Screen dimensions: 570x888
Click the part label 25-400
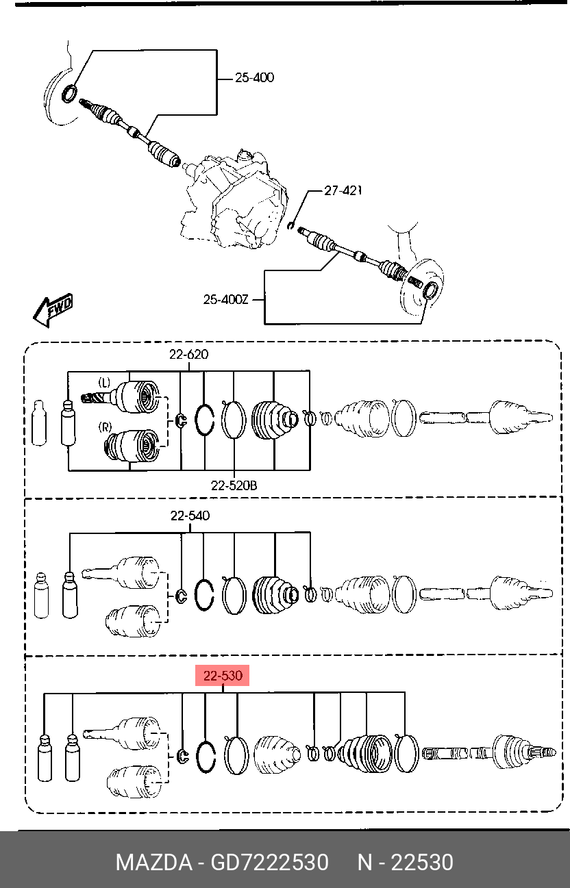[x=254, y=77]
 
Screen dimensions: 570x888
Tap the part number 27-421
[x=343, y=191]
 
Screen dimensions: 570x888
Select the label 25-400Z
[x=225, y=299]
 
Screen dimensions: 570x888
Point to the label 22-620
[x=189, y=354]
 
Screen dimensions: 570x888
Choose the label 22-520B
[x=234, y=485]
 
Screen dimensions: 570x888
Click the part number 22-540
[x=190, y=516]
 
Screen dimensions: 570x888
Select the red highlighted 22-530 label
[x=223, y=676]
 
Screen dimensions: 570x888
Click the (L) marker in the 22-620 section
[x=104, y=383]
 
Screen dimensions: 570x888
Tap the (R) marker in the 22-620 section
[x=105, y=427]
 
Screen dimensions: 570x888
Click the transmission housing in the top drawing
[x=234, y=200]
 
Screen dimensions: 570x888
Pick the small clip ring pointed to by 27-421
[x=290, y=225]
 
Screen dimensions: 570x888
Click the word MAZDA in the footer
[x=154, y=862]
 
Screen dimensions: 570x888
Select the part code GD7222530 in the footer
[x=269, y=862]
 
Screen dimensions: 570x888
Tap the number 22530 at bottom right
[x=422, y=862]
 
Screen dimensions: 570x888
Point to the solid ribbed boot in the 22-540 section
[x=275, y=595]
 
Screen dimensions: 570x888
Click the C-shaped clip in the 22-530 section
[x=182, y=757]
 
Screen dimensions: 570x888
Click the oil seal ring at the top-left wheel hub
[x=70, y=94]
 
